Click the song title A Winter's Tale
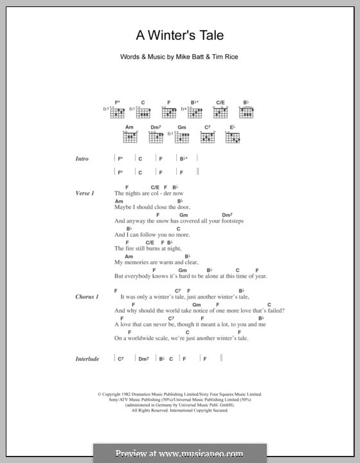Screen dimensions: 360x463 [x=180, y=36]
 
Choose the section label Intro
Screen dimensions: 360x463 [x=81, y=159]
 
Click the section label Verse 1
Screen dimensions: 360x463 [x=84, y=193]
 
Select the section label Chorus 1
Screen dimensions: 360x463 [x=87, y=296]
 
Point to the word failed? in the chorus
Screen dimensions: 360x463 [x=275, y=311]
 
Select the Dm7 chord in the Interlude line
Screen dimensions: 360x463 [x=143, y=358]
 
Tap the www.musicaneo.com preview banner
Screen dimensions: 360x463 [x=180, y=453]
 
